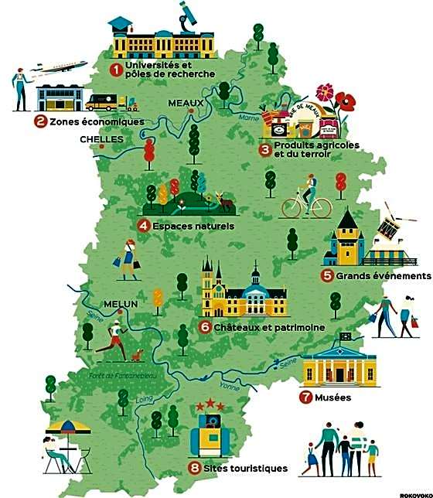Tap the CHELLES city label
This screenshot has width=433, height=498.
coord(101,140)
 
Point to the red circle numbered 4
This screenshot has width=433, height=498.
coord(143,226)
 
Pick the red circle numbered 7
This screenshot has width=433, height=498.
coord(305,398)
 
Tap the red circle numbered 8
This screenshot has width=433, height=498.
coord(194,468)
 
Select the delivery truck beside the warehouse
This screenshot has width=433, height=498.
coord(105,102)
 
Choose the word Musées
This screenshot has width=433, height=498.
coord(332,398)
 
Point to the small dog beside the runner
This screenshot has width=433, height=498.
coord(138,355)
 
